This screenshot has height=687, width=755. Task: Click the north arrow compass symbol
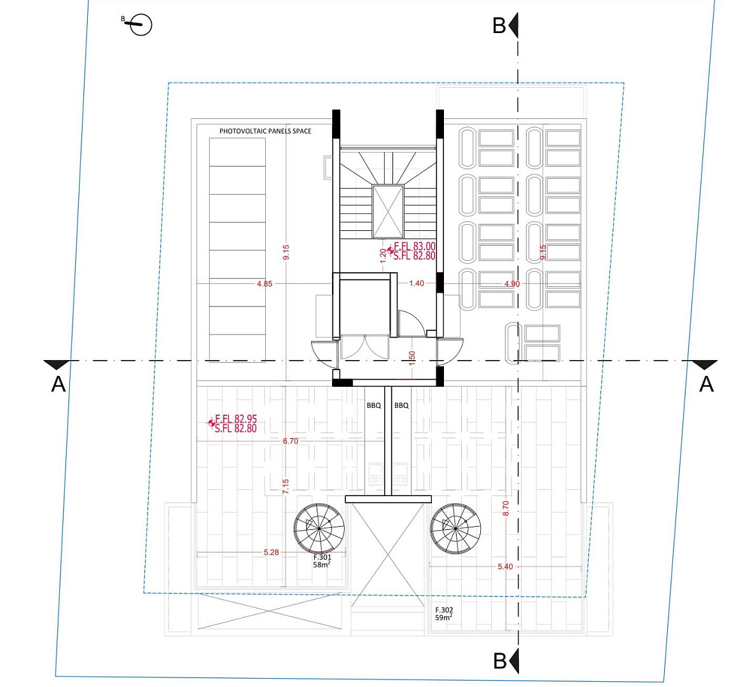tap(141, 25)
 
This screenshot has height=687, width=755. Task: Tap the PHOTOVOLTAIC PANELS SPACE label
tap(265, 131)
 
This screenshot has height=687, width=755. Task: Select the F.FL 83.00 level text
tap(415, 247)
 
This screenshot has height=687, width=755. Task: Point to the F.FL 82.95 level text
tap(236, 419)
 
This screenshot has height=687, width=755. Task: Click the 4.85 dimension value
tap(265, 284)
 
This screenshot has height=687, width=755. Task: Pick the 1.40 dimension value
tap(417, 283)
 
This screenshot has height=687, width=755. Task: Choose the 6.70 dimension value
tap(290, 441)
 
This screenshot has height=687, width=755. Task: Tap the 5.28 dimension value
tap(271, 552)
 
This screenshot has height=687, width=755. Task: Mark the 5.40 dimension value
tap(505, 567)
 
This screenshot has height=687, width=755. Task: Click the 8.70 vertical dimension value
tap(505, 509)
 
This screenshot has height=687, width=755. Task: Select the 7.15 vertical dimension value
tap(286, 486)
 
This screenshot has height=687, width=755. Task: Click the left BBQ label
tap(373, 405)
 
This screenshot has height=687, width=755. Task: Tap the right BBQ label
tap(401, 405)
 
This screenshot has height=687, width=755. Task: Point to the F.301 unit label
tap(322, 557)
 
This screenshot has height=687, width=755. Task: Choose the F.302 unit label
tap(444, 610)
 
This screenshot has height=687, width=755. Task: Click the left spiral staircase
tap(319, 528)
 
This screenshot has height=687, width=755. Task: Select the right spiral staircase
tap(455, 528)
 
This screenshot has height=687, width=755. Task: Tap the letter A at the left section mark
tap(59, 384)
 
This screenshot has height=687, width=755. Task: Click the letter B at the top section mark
tap(499, 25)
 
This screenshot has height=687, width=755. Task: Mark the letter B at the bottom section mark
tap(500, 661)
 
